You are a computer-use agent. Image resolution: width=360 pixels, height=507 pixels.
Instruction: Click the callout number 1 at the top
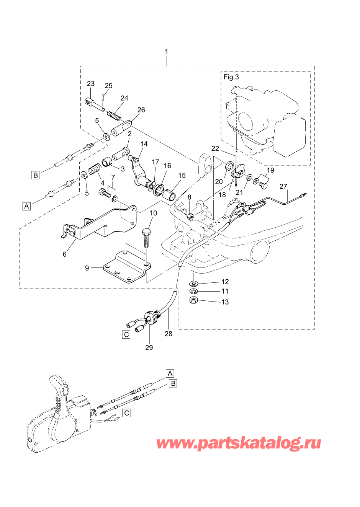point(166,52)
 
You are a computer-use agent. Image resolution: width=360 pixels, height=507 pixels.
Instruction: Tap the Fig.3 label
point(231,77)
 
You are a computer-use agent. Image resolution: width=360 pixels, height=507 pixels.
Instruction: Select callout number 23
point(90,84)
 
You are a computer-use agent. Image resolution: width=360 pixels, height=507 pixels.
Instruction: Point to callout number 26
point(141,110)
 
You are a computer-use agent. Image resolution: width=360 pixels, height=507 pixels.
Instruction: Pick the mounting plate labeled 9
point(126,268)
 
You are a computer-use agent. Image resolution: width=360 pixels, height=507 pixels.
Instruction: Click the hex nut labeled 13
point(194,301)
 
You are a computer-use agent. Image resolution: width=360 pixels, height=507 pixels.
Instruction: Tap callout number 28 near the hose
point(169,334)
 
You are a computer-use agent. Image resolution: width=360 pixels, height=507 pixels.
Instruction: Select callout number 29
point(149,347)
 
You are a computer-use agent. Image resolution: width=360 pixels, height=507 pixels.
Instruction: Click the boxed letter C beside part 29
point(126,334)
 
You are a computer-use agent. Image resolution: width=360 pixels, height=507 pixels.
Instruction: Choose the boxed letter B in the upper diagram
point(36,175)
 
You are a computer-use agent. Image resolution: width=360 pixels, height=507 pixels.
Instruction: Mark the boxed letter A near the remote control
point(170,373)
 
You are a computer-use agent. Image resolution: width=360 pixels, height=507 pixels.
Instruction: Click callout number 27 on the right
point(283,186)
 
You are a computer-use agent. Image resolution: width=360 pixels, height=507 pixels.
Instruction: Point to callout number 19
point(270,170)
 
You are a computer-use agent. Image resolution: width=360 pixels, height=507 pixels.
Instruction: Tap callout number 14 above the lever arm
point(144,144)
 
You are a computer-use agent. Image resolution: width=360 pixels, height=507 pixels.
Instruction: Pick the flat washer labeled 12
point(194,284)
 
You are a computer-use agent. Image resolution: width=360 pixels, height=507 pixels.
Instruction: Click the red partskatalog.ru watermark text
point(239,443)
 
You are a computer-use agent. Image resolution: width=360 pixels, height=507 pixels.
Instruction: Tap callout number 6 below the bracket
point(64,254)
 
